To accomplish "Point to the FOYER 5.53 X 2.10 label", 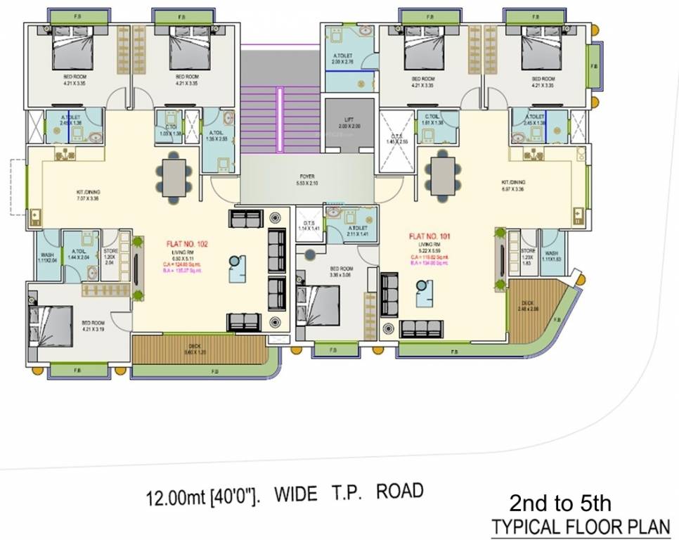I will [307, 180].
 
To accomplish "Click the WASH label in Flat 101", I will [552, 255].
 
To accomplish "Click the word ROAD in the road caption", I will [400, 491].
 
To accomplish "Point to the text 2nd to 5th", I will [560, 503].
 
